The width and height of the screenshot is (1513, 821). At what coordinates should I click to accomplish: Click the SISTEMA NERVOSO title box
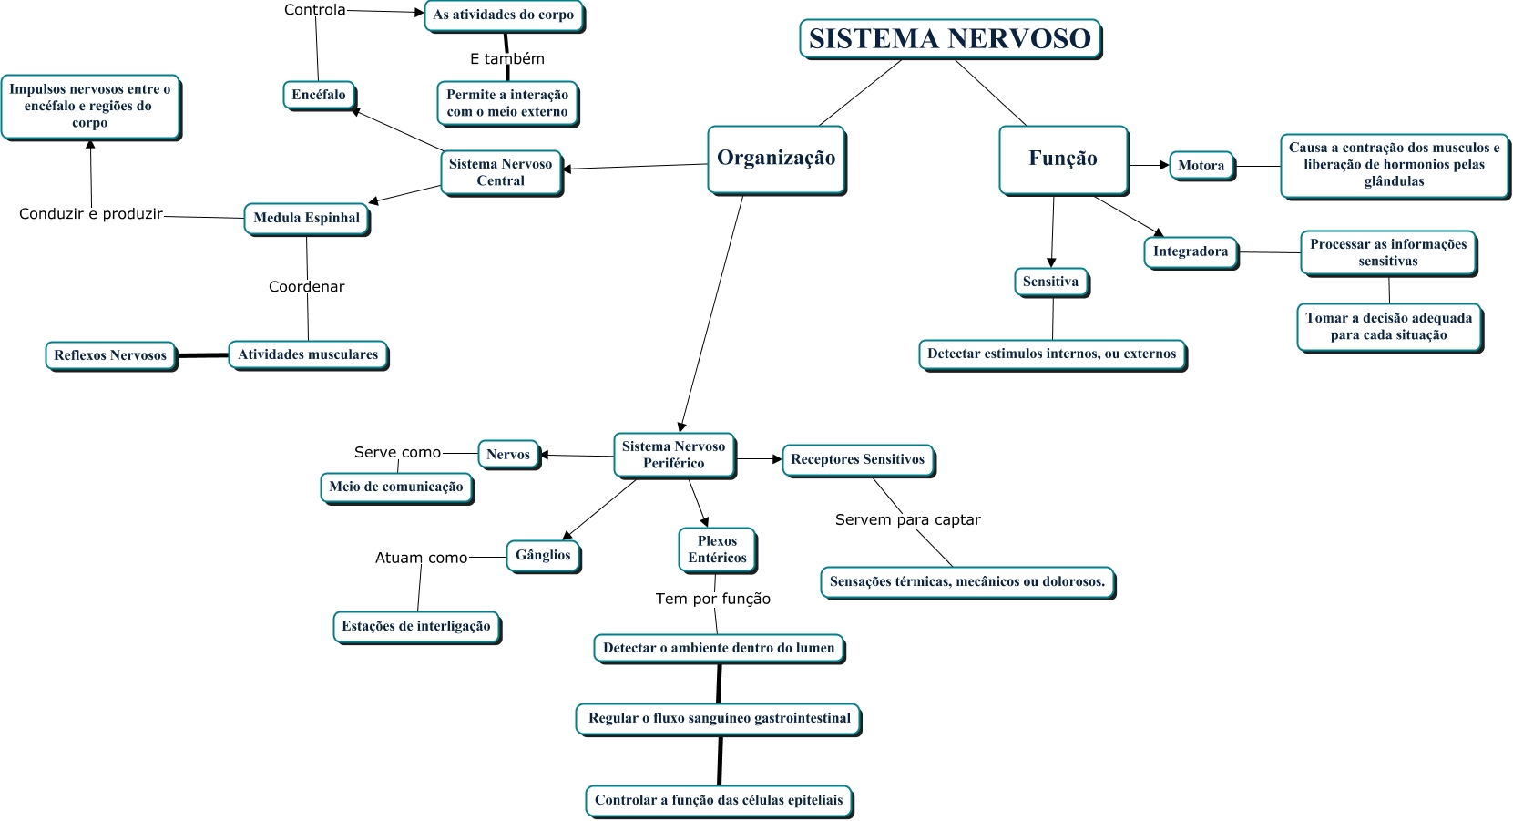pyautogui.click(x=950, y=39)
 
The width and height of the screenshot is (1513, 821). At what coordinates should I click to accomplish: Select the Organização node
pyautogui.click(x=776, y=159)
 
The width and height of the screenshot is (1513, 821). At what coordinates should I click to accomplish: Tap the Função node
pyautogui.click(x=1063, y=159)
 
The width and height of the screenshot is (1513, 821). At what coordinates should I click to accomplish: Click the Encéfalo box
pyautogui.click(x=319, y=95)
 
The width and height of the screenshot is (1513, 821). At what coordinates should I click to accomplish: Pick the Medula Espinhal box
pyautogui.click(x=306, y=218)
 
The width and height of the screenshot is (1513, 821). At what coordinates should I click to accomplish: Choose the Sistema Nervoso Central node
pyautogui.click(x=501, y=172)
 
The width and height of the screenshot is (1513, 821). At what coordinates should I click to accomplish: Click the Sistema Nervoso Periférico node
pyautogui.click(x=674, y=455)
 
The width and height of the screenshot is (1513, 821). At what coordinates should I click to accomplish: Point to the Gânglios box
pyautogui.click(x=543, y=555)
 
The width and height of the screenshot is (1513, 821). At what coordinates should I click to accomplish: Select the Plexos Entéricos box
pyautogui.click(x=717, y=549)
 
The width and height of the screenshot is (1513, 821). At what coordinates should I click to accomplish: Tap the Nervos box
pyautogui.click(x=508, y=454)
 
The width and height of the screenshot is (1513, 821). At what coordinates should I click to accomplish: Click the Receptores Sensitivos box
pyautogui.click(x=857, y=459)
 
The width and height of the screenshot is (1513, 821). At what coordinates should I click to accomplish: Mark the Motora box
pyautogui.click(x=1201, y=165)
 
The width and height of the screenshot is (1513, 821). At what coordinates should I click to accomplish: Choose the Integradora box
pyautogui.click(x=1191, y=251)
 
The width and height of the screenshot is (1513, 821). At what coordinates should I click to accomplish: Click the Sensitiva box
pyautogui.click(x=1050, y=282)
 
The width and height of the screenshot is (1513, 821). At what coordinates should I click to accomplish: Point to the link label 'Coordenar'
pyautogui.click(x=307, y=286)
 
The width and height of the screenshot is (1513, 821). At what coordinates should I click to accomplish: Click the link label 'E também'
pyautogui.click(x=507, y=58)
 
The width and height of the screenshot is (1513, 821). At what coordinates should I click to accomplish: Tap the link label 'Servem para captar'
pyautogui.click(x=908, y=519)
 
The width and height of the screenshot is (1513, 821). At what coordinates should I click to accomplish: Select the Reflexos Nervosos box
pyautogui.click(x=110, y=355)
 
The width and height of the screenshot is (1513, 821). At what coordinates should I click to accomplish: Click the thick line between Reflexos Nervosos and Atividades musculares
pyautogui.click(x=202, y=355)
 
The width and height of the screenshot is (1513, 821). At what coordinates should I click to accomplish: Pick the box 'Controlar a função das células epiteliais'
pyautogui.click(x=719, y=800)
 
